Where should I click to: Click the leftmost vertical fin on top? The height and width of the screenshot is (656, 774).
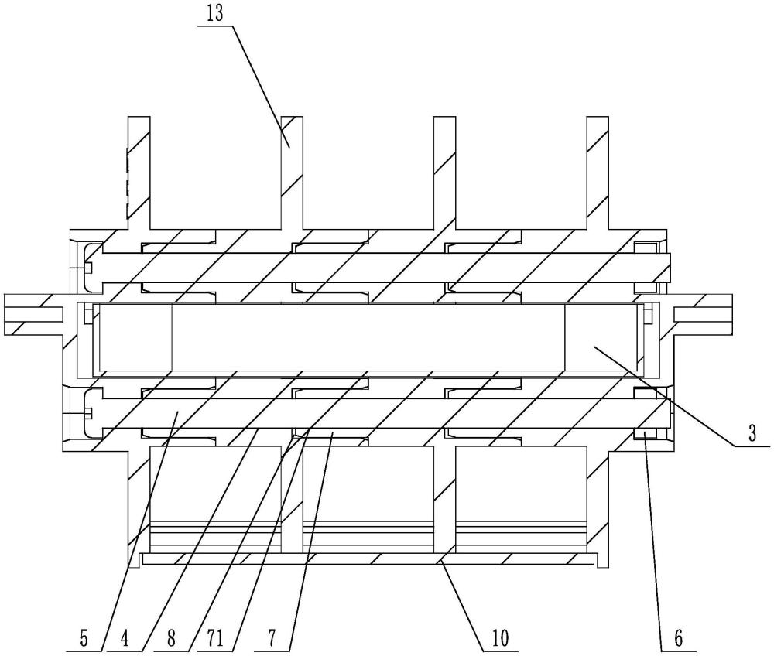click(x=139, y=170)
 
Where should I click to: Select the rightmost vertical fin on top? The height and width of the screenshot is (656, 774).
click(x=598, y=170)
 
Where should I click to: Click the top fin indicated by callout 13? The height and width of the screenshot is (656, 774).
click(x=292, y=170)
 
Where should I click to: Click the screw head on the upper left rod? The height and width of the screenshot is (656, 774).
click(x=87, y=268)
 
